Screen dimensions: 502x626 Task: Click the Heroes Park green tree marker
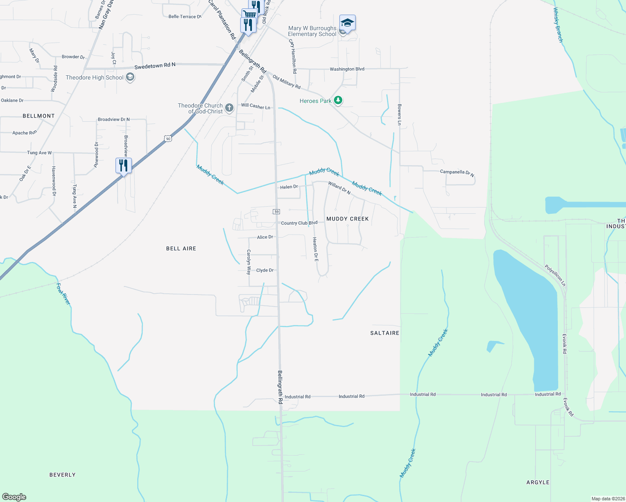(338, 100)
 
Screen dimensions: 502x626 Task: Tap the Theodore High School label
(95, 77)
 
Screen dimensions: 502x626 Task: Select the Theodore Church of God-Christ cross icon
(229, 108)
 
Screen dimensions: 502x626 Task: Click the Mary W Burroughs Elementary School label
(312, 31)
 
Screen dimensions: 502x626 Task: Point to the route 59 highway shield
(277, 212)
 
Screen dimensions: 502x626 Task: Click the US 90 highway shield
(168, 138)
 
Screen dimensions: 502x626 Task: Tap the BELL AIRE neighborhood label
(181, 248)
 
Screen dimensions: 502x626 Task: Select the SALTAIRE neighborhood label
(385, 333)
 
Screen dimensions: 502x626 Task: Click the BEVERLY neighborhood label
(62, 475)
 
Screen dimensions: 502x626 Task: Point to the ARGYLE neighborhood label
(538, 482)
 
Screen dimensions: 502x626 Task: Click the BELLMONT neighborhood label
(38, 116)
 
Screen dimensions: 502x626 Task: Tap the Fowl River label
(63, 294)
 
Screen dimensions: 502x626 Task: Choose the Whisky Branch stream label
(558, 25)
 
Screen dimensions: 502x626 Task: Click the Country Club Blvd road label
(299, 223)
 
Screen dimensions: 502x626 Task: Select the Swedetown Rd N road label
(155, 66)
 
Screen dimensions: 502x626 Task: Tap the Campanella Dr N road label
(457, 173)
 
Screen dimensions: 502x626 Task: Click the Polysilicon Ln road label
(555, 275)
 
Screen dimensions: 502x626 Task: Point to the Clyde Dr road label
(265, 270)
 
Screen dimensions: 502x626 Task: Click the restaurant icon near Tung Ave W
(123, 166)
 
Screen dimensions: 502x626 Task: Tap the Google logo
(14, 497)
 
